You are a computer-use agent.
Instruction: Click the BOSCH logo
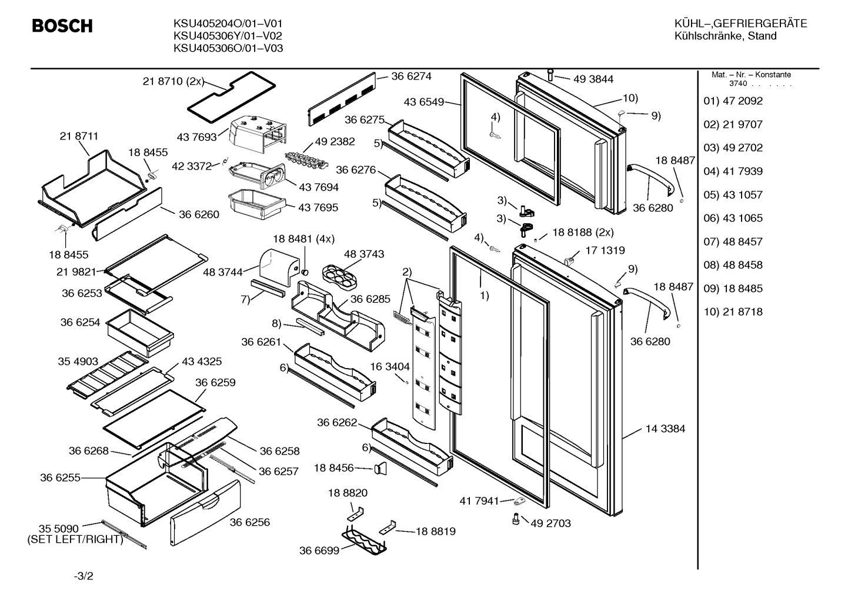pos(62,26)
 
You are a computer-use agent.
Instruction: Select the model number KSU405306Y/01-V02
pos(228,36)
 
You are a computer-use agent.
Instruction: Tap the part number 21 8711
pos(79,136)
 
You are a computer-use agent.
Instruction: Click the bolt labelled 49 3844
pos(550,74)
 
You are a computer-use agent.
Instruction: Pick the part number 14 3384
pos(665,429)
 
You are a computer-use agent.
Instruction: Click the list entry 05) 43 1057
pos(733,195)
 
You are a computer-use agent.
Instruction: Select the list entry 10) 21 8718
pos(733,312)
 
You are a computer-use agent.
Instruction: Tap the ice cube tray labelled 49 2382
pos(306,161)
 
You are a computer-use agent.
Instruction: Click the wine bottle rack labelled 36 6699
pos(364,543)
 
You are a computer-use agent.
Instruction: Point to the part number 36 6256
pos(250,522)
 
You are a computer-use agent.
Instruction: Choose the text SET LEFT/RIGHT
pos(75,539)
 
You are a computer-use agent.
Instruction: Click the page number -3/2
pos(84,576)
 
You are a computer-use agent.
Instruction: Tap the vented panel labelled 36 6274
pos(342,99)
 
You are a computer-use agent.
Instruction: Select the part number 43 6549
pos(423,102)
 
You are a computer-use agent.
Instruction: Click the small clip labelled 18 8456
pos(380,469)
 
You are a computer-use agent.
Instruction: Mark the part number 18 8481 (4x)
pos(303,239)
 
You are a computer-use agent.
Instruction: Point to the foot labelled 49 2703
pos(516,519)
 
